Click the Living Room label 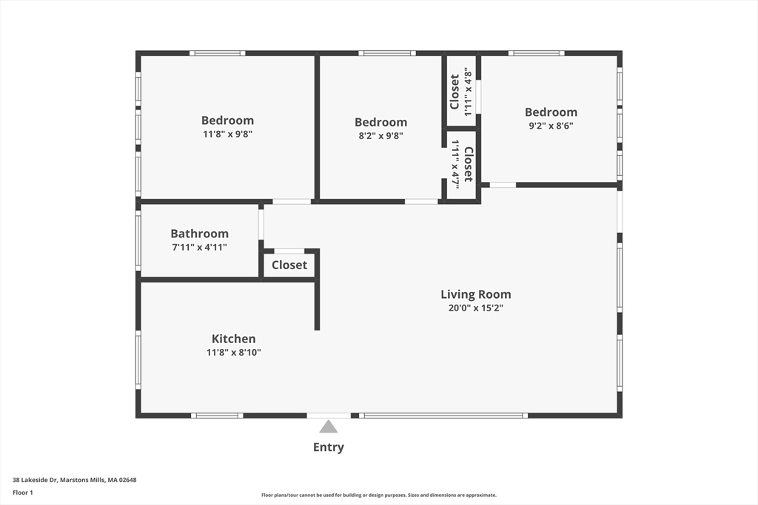[476, 294]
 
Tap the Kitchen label [233, 339]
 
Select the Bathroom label [200, 234]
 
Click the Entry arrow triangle [328, 427]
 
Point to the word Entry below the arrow [329, 447]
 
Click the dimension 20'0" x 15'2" [476, 308]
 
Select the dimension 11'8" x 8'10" [233, 353]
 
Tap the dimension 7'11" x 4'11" [200, 247]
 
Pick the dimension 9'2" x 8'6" [551, 126]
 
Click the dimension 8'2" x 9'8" [381, 135]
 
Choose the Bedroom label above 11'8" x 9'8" [227, 121]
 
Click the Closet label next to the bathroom [289, 265]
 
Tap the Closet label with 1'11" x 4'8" [455, 92]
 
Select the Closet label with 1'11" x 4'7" [469, 164]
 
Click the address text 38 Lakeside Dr [35, 480]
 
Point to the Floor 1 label [23, 492]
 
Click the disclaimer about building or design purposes [379, 495]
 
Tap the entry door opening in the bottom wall [329, 416]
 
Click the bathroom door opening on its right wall [261, 225]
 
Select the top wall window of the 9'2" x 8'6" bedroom [536, 53]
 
